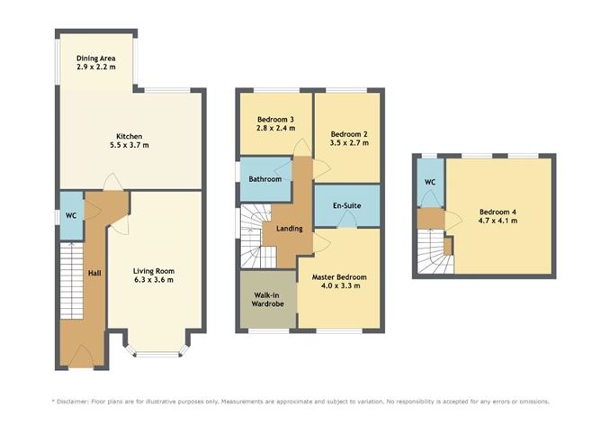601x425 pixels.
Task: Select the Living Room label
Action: [x=153, y=270]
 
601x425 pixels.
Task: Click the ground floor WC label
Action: [x=69, y=215]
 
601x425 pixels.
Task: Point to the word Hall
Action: [x=94, y=272]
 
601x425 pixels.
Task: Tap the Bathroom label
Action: [x=265, y=179]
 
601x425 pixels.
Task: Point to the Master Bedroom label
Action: [x=336, y=277]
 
